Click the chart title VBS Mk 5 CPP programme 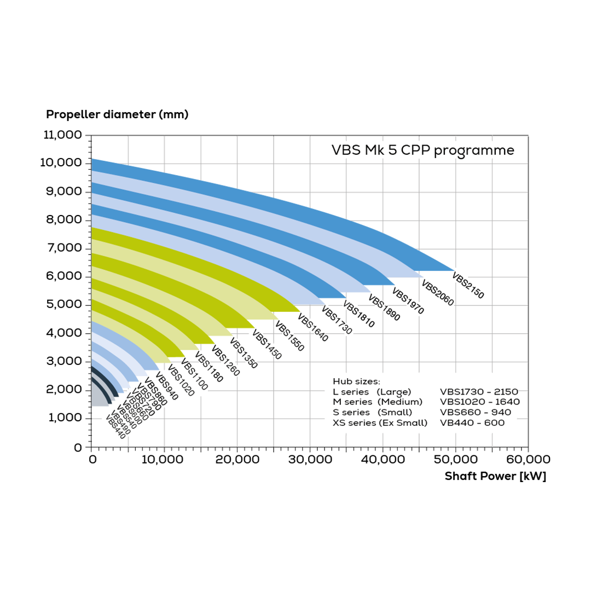coord(422,150)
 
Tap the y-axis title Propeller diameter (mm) coord(117,114)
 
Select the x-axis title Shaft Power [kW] coord(495,476)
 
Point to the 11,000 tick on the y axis coord(62,135)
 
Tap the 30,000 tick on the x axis coord(310,460)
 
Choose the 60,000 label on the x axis coord(528,460)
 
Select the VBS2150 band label coord(468,285)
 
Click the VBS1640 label coord(312,328)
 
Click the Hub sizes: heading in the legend coord(356,381)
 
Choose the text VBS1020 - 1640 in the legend coord(479,402)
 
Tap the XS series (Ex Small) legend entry coord(380,422)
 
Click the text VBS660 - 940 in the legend coord(475,412)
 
